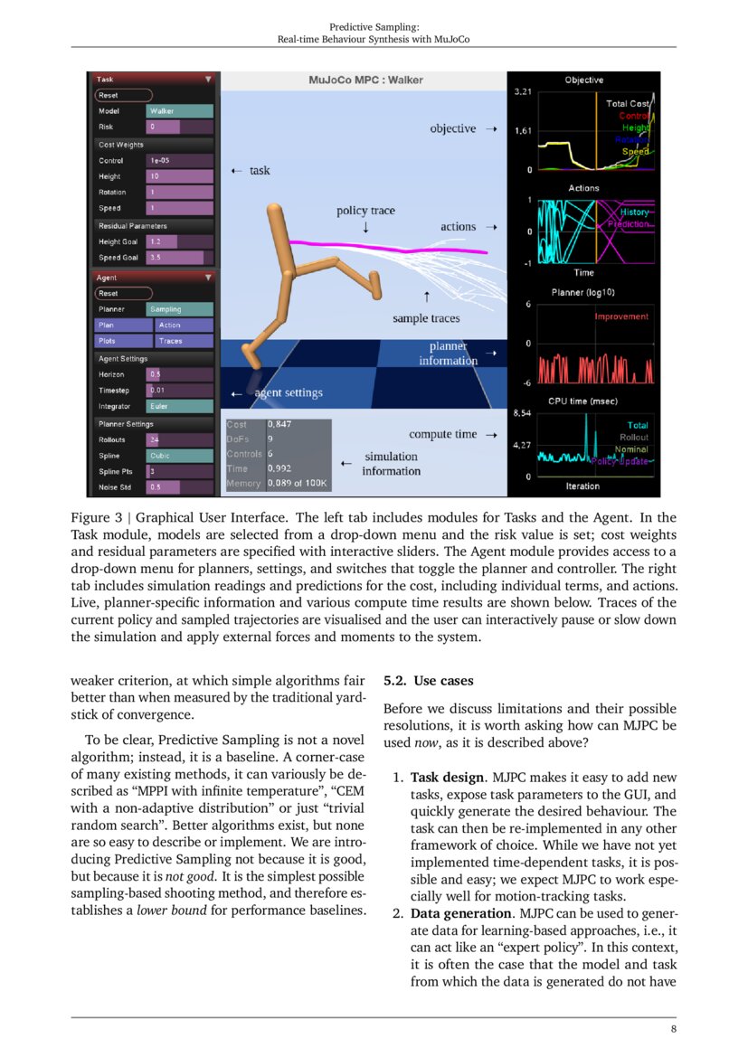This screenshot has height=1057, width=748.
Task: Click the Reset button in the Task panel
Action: [x=123, y=95]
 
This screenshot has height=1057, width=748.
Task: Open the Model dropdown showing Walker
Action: [x=179, y=111]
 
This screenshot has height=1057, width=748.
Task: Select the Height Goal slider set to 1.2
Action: [x=179, y=242]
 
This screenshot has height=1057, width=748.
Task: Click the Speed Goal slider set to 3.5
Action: [x=179, y=258]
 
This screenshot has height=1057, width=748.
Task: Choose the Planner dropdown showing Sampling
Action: [x=179, y=309]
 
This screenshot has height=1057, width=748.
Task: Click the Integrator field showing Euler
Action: [x=179, y=407]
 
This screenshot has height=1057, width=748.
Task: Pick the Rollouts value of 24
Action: [x=179, y=439]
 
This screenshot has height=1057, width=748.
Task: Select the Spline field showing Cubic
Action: [x=179, y=456]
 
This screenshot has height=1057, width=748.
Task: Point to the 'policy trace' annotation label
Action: [x=365, y=211]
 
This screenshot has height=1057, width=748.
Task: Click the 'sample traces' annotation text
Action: [x=426, y=318]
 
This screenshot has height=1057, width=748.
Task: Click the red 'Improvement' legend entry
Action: [x=621, y=316]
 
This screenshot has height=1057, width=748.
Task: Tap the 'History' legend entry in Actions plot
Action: [x=634, y=212]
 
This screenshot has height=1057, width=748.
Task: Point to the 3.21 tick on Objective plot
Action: [x=522, y=93]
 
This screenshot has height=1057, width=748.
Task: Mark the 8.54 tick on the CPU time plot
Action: [x=522, y=414]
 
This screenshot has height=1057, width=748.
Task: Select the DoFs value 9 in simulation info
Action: [x=270, y=439]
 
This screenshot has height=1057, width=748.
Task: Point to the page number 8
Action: [x=673, y=1029]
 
